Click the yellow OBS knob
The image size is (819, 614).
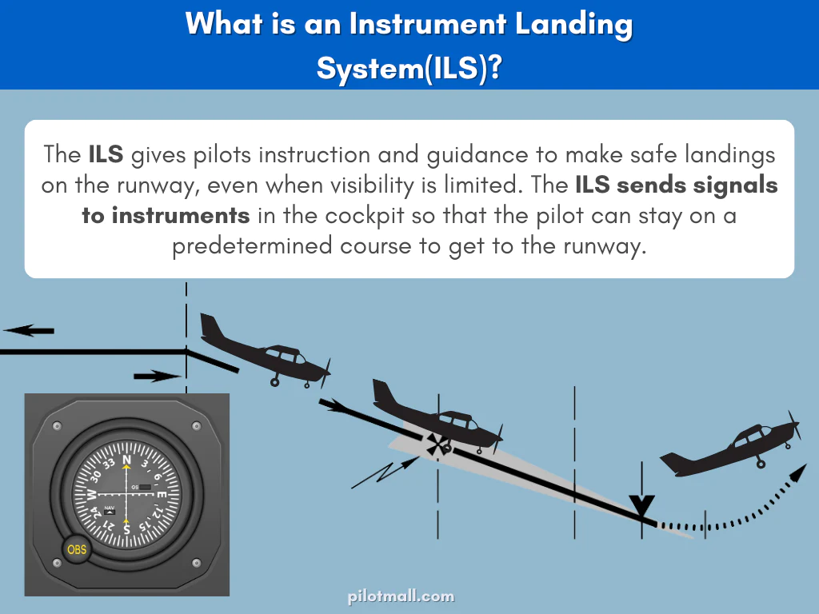point(76,549)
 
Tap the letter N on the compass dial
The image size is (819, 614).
point(126,460)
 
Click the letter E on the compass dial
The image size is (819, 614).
point(161,495)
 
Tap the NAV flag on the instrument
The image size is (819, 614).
point(110,509)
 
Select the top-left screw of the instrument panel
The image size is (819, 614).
point(55,426)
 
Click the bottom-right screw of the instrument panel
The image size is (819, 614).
point(198,563)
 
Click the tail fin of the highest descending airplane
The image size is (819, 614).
point(210,326)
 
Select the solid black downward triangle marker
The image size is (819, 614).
point(642,506)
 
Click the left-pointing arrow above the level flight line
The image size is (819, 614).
point(29,330)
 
